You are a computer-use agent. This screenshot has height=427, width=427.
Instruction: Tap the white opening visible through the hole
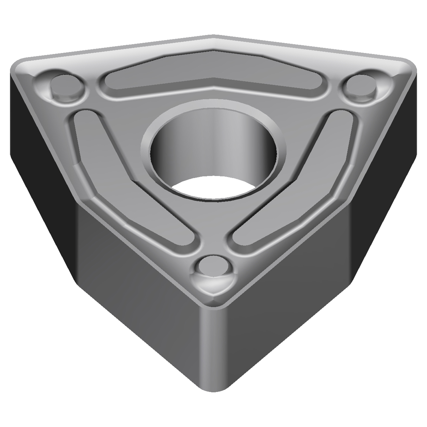coord(213,188)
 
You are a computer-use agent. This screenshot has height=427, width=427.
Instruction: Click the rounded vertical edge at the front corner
coord(213,350)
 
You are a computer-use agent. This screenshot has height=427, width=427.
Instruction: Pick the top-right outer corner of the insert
coord(409,65)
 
